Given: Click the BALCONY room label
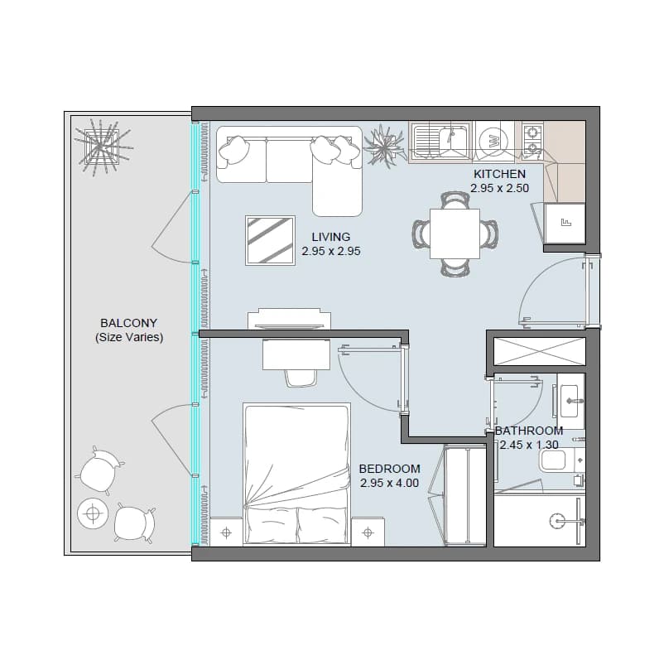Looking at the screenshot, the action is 129,323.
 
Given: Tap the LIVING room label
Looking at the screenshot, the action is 331,237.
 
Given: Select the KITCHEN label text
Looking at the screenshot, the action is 499,174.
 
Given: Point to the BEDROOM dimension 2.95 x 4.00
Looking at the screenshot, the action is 389,483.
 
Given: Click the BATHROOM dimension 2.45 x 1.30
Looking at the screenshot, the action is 529,445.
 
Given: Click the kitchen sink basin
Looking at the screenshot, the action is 441,140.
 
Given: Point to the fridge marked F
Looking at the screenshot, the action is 565,224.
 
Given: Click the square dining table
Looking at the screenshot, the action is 455,234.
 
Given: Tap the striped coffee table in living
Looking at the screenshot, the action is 270,241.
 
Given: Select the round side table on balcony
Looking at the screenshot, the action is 93,513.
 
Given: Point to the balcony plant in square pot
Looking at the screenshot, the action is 102,147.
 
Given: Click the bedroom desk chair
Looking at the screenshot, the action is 301,378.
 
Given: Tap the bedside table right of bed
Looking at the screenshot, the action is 368,532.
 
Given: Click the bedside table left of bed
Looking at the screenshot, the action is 226,532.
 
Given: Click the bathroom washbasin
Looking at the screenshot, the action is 571,401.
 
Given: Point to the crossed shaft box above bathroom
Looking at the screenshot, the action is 540,351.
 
